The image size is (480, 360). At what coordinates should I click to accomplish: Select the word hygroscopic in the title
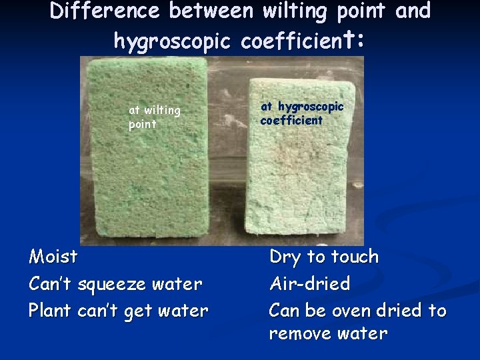(172, 41)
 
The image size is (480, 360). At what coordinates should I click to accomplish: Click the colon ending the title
(360, 41)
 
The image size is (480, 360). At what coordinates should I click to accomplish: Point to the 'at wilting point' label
(154, 117)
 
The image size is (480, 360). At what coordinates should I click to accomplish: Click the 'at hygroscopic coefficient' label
(301, 113)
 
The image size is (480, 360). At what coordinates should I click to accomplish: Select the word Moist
(53, 257)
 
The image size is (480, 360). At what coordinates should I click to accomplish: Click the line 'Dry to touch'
(323, 257)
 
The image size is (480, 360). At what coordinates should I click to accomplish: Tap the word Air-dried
(309, 284)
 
